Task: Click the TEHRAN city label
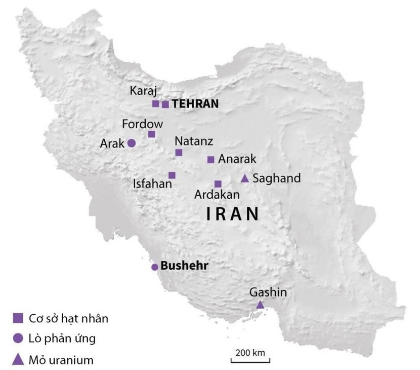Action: click(x=195, y=104)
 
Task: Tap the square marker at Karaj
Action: click(x=155, y=104)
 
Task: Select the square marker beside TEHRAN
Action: click(x=165, y=104)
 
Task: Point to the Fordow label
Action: click(x=142, y=124)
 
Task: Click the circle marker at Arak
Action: click(x=131, y=143)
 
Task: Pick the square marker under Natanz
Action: click(x=179, y=153)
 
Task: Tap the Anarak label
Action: click(x=237, y=159)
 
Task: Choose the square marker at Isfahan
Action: click(x=172, y=175)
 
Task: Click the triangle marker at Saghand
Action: click(x=244, y=178)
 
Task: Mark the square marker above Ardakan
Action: click(x=218, y=184)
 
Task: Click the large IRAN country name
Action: click(x=233, y=214)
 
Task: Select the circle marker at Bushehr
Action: click(x=155, y=267)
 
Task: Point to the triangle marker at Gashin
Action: click(x=260, y=305)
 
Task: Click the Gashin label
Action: click(x=268, y=292)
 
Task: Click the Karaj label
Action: click(x=144, y=91)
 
